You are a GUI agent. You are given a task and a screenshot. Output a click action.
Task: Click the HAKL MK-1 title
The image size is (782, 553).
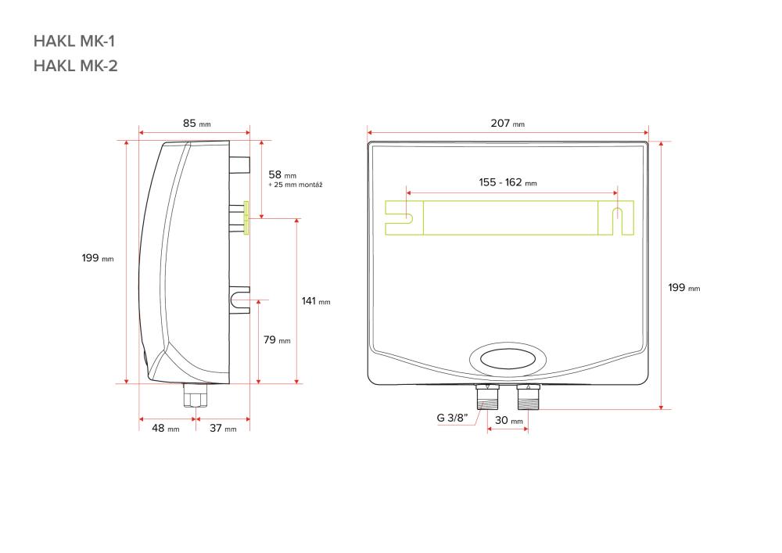click(x=74, y=41)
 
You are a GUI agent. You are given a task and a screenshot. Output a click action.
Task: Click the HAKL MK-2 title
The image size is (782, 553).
click(x=75, y=66)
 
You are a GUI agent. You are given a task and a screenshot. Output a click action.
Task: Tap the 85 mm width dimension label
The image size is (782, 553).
click(x=196, y=123)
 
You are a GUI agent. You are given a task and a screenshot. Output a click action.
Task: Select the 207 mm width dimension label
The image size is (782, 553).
click(x=508, y=123)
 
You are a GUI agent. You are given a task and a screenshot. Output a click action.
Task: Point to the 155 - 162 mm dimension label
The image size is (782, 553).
click(x=508, y=182)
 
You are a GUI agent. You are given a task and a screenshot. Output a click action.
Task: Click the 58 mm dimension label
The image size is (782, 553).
click(x=282, y=174)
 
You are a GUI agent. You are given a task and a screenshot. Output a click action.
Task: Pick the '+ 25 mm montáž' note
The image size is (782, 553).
click(x=296, y=185)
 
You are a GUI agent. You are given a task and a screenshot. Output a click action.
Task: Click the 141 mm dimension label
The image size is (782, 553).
click(x=316, y=301)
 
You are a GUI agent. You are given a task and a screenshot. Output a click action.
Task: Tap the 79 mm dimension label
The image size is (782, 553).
click(x=277, y=340)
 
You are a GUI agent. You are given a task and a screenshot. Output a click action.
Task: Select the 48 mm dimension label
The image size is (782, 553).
click(x=166, y=429)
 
